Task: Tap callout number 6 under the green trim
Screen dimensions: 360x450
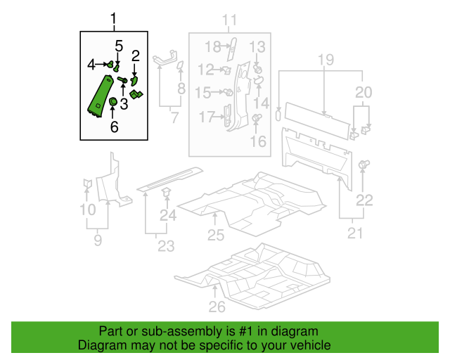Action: (114, 127)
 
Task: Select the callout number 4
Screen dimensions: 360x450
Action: (91, 65)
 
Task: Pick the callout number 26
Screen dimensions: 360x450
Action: (217, 306)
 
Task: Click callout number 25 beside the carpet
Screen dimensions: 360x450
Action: (215, 235)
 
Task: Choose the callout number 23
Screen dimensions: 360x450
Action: (165, 246)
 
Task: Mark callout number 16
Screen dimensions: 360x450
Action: (258, 142)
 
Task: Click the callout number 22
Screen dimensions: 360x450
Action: (364, 200)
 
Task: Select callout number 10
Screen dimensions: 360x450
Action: (87, 210)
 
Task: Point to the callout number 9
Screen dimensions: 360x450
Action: (98, 240)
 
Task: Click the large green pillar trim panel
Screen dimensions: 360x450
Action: (98, 95)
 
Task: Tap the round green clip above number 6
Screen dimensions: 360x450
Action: (113, 104)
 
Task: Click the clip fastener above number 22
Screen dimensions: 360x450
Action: (364, 165)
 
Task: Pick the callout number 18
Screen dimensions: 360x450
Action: (213, 47)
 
